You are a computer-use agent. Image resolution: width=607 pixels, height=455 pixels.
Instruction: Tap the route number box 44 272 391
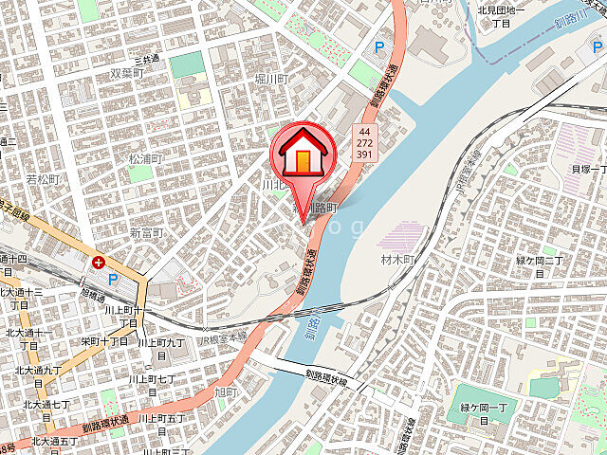click(x=364, y=141)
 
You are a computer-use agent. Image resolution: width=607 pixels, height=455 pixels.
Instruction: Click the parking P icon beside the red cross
click(x=115, y=280)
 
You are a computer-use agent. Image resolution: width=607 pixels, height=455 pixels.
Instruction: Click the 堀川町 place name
click(x=271, y=79)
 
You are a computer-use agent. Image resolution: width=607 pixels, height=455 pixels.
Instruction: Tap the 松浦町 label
click(x=146, y=158)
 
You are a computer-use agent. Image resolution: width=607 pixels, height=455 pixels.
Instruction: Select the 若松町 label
click(x=43, y=178)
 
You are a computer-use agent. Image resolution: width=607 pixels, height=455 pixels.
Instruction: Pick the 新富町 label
click(x=147, y=233)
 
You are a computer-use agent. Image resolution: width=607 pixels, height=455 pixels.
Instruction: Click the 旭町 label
click(x=226, y=391)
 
